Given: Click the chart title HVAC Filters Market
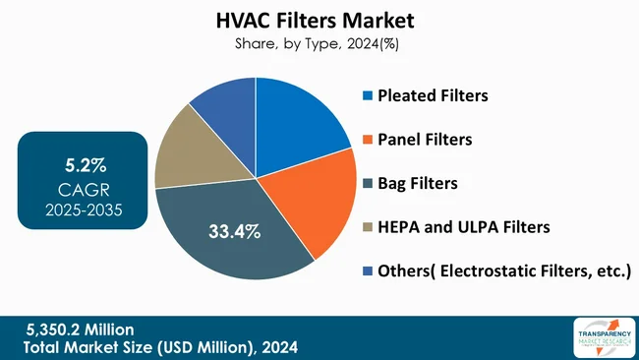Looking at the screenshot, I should tap(319, 21).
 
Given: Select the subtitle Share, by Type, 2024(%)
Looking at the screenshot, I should tap(319, 43).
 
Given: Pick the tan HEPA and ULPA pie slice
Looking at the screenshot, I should tap(187, 157).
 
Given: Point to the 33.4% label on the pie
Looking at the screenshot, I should tap(234, 232).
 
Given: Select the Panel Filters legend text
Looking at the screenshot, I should tap(426, 139).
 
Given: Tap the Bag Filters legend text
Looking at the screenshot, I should tap(419, 183).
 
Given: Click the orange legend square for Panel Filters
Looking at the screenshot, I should tap(368, 140).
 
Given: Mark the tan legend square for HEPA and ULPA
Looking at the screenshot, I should tap(368, 227).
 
